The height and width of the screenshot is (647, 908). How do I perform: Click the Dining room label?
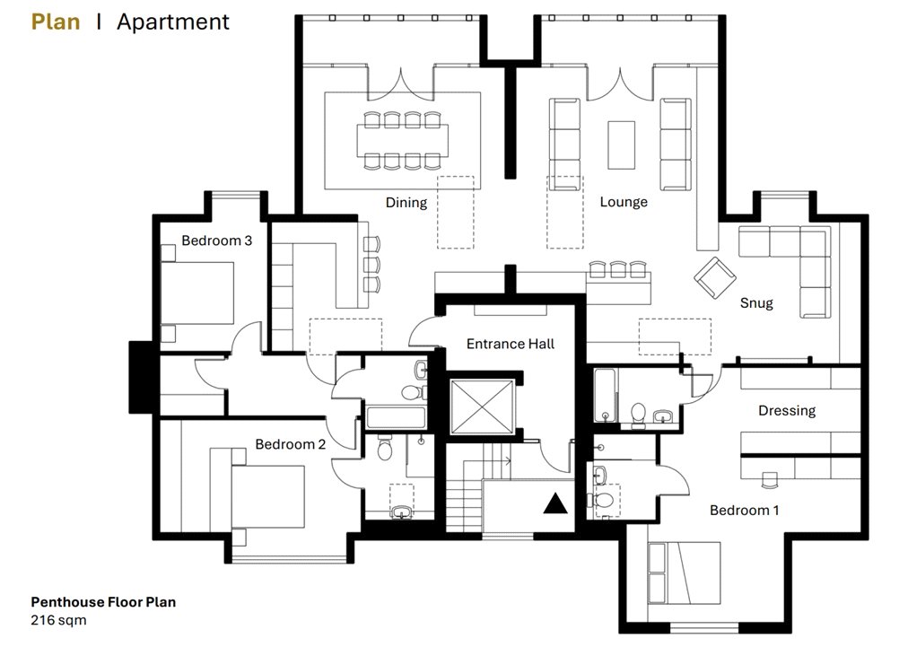tap(406, 202)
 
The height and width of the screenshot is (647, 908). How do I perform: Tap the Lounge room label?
tap(623, 202)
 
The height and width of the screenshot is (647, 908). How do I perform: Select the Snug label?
tap(755, 302)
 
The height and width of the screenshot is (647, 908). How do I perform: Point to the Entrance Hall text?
tap(510, 344)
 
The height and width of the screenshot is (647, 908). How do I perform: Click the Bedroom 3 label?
tap(216, 240)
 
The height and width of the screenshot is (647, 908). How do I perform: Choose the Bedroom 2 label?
tap(290, 444)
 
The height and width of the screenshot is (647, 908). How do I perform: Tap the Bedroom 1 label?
tap(744, 510)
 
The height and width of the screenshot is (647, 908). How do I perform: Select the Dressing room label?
tap(786, 411)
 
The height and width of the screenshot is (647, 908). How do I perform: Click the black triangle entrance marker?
tap(555, 503)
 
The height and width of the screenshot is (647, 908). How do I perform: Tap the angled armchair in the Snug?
tap(715, 277)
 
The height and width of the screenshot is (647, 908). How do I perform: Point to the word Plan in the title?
tap(56, 22)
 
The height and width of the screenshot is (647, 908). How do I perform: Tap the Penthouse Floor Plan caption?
tap(103, 602)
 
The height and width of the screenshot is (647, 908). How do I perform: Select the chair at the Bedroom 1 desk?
tap(767, 480)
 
